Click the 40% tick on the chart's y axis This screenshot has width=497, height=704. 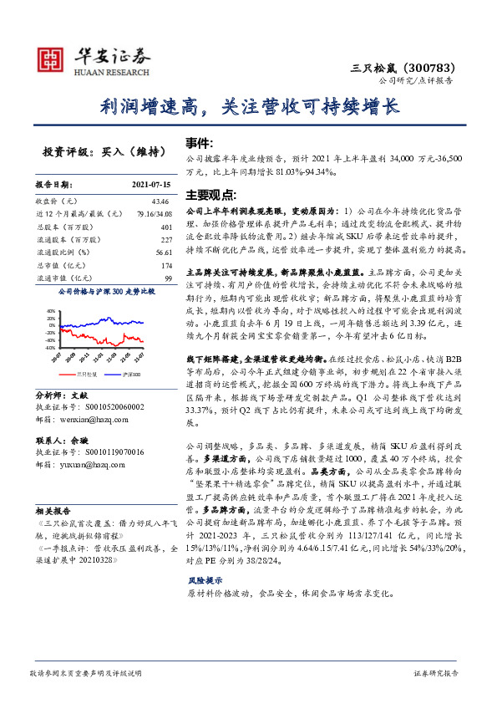52,311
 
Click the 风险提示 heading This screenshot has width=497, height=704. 205,579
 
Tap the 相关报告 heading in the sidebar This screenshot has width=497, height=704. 52,509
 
